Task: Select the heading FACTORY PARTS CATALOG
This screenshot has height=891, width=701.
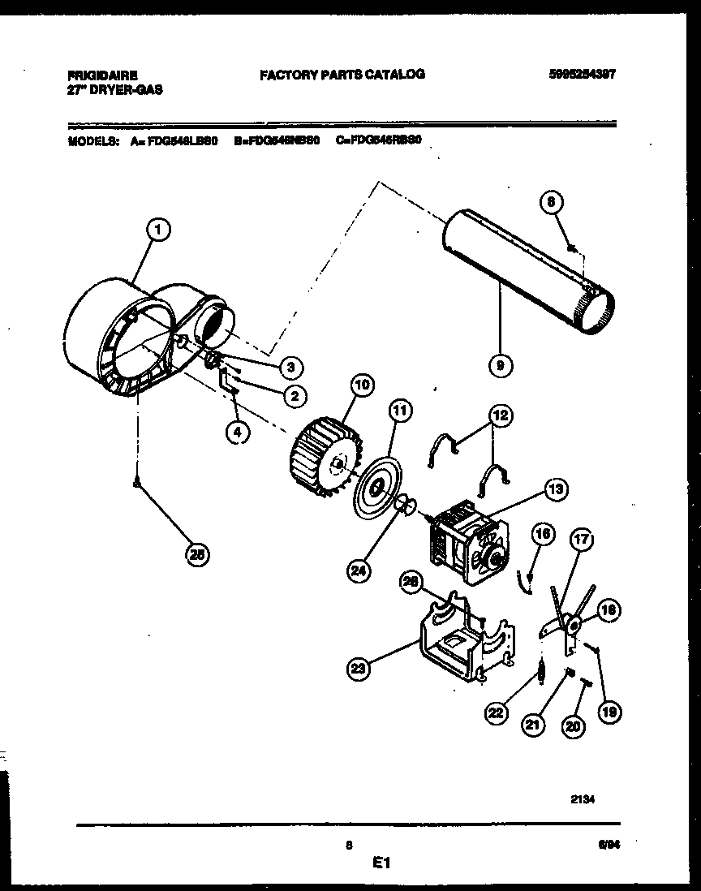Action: click(x=342, y=75)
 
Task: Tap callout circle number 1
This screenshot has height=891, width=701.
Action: click(x=159, y=230)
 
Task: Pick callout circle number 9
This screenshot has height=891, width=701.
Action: click(x=501, y=366)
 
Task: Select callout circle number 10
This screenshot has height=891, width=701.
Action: click(x=361, y=384)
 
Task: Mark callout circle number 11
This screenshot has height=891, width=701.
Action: click(x=398, y=411)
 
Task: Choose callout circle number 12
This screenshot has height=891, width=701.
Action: click(x=501, y=416)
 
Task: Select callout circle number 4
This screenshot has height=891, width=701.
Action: click(x=236, y=433)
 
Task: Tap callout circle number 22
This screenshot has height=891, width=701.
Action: click(x=495, y=712)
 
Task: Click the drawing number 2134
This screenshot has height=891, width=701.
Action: click(x=583, y=798)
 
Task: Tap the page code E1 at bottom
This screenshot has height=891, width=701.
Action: click(x=381, y=865)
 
